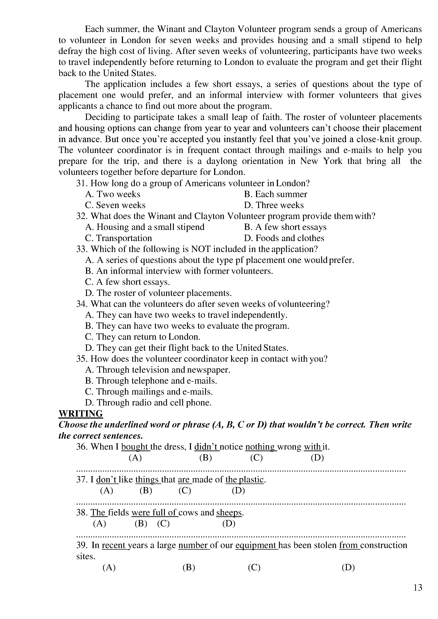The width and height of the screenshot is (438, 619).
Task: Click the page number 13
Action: (x=418, y=587)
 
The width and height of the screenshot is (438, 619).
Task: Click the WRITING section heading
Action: (x=81, y=414)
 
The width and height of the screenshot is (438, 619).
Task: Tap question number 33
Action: (x=81, y=249)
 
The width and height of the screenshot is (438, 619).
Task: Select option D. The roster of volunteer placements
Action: (x=158, y=293)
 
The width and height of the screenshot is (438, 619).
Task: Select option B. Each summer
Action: (x=275, y=194)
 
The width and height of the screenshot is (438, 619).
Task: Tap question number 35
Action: (x=81, y=359)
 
